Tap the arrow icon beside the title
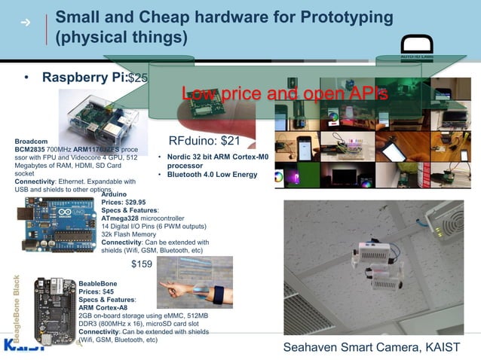click(x=26, y=23)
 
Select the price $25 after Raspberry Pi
click(x=139, y=78)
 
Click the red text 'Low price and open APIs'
click(x=284, y=94)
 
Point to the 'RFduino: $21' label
click(x=204, y=141)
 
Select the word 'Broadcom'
click(x=31, y=142)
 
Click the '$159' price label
click(x=142, y=264)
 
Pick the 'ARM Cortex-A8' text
click(x=105, y=307)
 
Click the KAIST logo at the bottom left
click(x=23, y=346)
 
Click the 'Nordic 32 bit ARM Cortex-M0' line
click(x=217, y=157)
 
